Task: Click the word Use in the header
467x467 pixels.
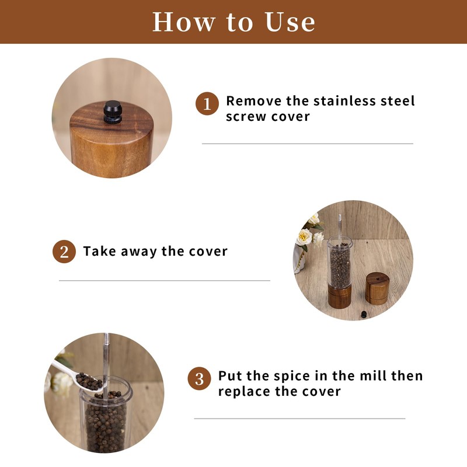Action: point(290,22)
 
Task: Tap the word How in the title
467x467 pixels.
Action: point(184,22)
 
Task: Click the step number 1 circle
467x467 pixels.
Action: point(207,104)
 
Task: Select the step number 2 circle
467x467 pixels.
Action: point(64,252)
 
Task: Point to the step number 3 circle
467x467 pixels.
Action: point(199,378)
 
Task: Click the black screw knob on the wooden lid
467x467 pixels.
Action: point(113,112)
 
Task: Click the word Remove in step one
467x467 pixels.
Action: point(253,101)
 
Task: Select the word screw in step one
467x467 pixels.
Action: point(246,117)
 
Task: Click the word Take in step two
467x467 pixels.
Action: point(99,252)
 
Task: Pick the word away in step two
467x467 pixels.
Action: point(138,253)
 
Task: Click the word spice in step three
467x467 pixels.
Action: point(291,377)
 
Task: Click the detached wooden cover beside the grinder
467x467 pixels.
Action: point(377,288)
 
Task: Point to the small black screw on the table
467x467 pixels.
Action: point(364,314)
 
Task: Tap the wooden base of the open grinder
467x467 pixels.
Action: point(339,297)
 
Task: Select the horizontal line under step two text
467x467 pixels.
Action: point(165,280)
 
